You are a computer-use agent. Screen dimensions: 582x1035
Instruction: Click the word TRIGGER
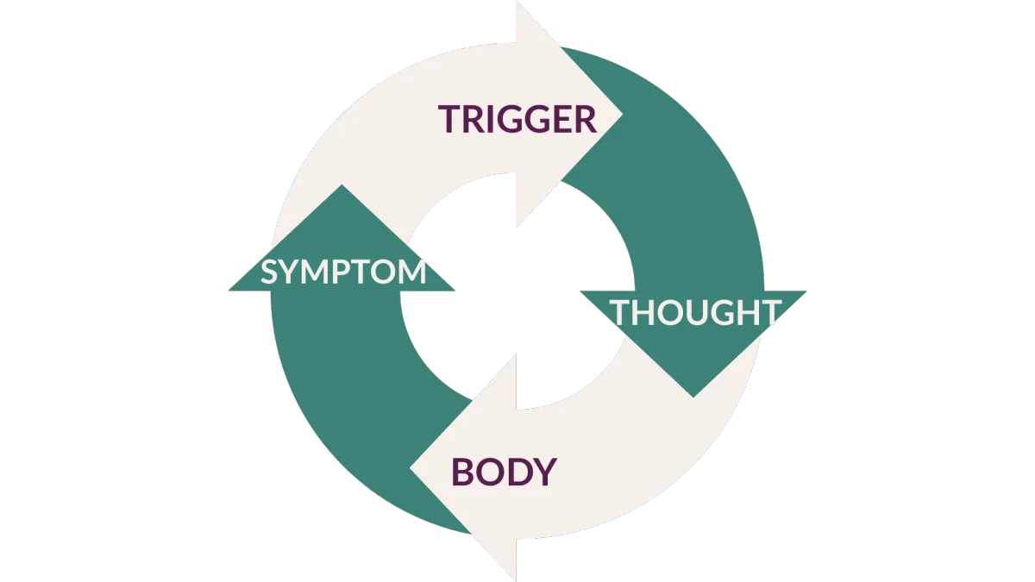coord(517,119)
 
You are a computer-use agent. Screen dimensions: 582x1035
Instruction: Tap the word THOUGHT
coord(696,311)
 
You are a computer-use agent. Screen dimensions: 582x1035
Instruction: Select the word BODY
coord(505,472)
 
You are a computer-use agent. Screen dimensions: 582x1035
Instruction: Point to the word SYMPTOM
coord(343,272)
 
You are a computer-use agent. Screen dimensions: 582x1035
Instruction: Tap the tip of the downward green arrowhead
coord(694,396)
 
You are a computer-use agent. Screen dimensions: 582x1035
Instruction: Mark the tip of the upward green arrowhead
coord(342,186)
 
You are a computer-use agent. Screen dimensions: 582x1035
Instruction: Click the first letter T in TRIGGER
coord(448,119)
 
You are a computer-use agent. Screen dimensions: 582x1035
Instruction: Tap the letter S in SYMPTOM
coord(268,272)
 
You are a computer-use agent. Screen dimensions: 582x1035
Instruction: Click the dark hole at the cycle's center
coord(517,293)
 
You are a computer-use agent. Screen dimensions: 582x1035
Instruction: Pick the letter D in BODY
coord(517,472)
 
